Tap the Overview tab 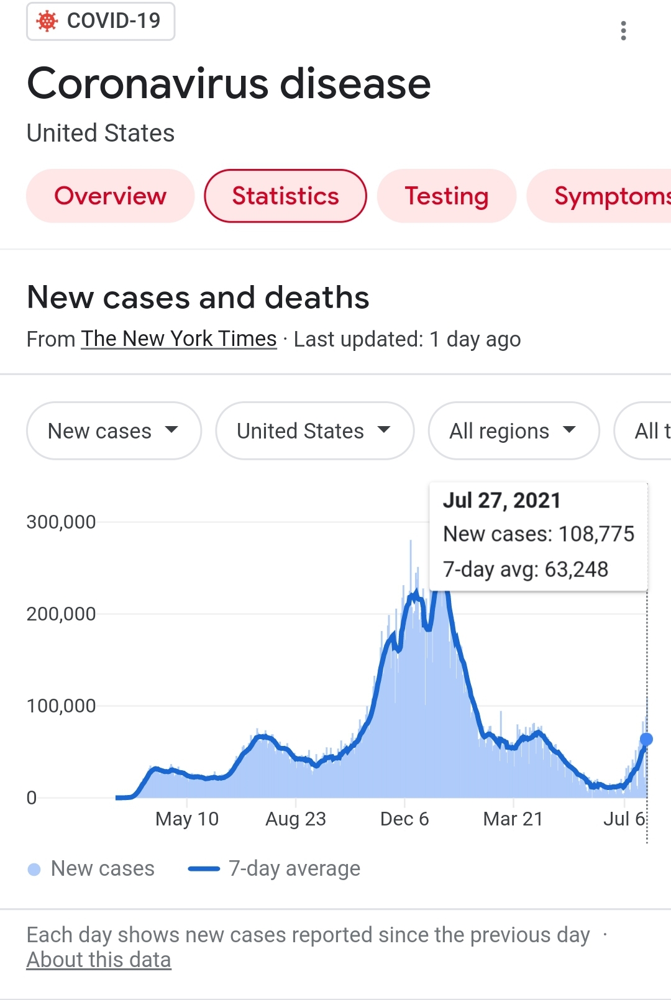110,196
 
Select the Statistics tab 285,196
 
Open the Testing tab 446,196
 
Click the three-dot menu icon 623,30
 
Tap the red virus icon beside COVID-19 47,21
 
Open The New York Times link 179,339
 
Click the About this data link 98,960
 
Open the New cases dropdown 114,430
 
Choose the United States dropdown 314,430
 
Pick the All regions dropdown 513,430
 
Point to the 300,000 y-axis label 61,522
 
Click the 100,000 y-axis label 61,706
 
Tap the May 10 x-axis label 187,819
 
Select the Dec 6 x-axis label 404,819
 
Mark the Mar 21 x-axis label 513,819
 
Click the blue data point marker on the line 646,739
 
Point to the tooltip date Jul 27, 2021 501,500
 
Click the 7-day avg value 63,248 576,569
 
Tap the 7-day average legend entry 293,868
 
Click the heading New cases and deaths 198,298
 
